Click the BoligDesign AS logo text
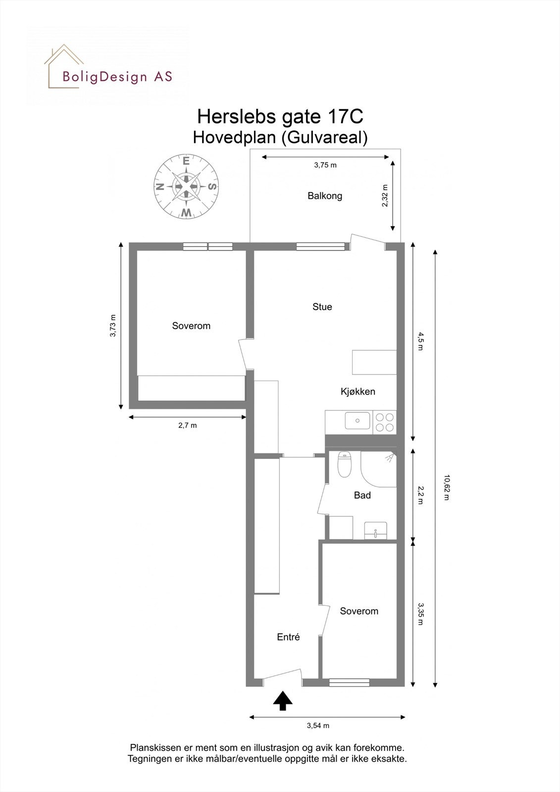click(x=117, y=77)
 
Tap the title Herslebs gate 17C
click(x=280, y=117)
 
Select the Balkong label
click(x=325, y=196)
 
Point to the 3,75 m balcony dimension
click(x=325, y=165)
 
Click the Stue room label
click(x=322, y=307)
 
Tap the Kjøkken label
click(x=357, y=392)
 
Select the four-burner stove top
click(x=385, y=422)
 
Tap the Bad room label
click(x=362, y=495)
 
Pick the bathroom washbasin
click(x=376, y=531)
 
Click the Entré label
click(x=288, y=638)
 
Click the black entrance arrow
click(x=283, y=701)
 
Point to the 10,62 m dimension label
click(x=446, y=488)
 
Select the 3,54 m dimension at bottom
click(x=318, y=726)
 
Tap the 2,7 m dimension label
click(x=187, y=425)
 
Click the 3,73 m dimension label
click(x=113, y=326)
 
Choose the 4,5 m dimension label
click(x=420, y=342)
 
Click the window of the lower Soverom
click(x=349, y=683)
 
